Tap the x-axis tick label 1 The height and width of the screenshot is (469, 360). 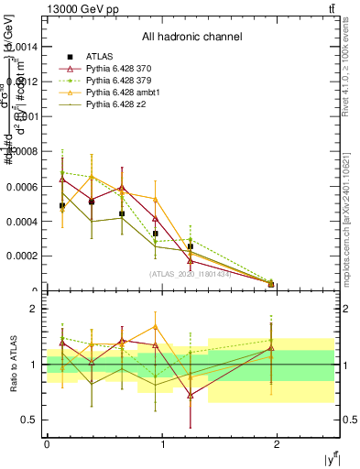pyautogui.click(x=163, y=443)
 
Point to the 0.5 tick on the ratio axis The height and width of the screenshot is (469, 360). pyautogui.click(x=35, y=420)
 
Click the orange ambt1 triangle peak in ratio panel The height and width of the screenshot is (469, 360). pyautogui.click(x=155, y=326)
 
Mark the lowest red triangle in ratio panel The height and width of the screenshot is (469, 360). pyautogui.click(x=190, y=395)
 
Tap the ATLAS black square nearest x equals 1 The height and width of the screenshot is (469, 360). pyautogui.click(x=155, y=234)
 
